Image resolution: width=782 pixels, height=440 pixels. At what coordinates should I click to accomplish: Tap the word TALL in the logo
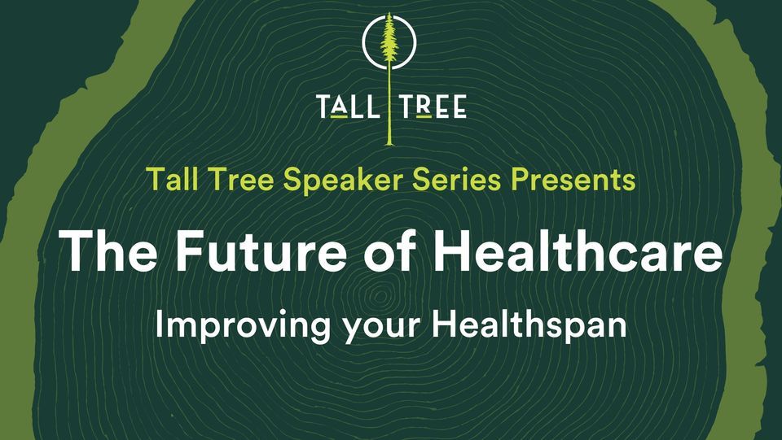pyautogui.click(x=346, y=107)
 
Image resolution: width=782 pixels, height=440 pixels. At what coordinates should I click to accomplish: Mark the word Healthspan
pyautogui.click(x=529, y=326)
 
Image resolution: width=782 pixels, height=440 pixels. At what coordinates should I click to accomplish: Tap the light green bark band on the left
pyautogui.click(x=33, y=244)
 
